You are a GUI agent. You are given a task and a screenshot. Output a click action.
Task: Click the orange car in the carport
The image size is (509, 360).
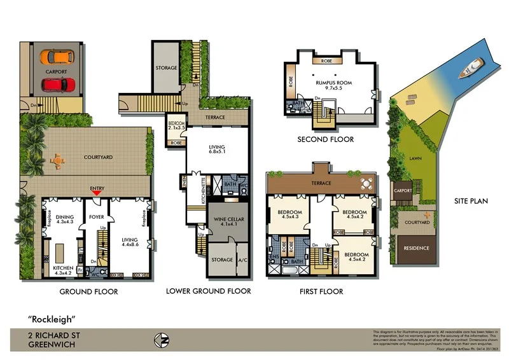[55, 57]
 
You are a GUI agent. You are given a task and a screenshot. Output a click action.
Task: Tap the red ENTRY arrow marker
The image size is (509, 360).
[97, 194]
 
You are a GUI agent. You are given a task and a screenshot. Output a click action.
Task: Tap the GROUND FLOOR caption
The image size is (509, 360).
[88, 292]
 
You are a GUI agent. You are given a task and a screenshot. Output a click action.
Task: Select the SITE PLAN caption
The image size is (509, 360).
[470, 201]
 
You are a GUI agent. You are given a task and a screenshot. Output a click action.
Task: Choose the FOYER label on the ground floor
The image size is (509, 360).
[97, 216]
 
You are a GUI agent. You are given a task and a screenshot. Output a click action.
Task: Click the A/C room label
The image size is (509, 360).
[242, 260]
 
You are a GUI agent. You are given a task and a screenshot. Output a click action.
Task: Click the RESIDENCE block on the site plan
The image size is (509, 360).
[414, 248]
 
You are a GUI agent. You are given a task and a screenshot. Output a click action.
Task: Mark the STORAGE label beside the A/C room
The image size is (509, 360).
[222, 260]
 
